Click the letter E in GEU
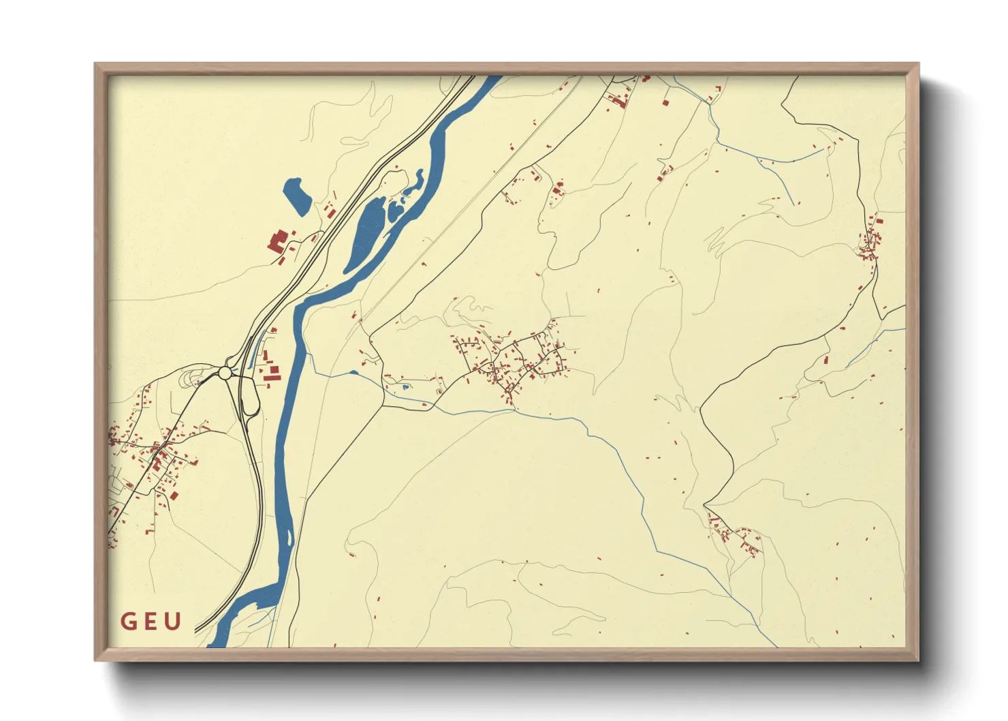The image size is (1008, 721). [x=151, y=622]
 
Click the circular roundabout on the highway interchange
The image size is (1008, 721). [x=225, y=373]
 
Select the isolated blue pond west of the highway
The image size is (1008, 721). [x=297, y=196]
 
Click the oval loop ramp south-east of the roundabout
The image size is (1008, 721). [x=250, y=395]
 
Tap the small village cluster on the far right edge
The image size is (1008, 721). [x=870, y=241]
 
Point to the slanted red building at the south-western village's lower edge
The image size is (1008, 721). [x=174, y=495]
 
